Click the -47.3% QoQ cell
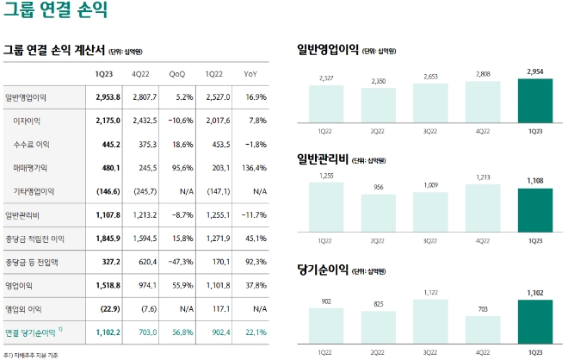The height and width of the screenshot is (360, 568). click(x=177, y=261)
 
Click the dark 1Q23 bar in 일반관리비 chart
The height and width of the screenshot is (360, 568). click(x=535, y=210)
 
